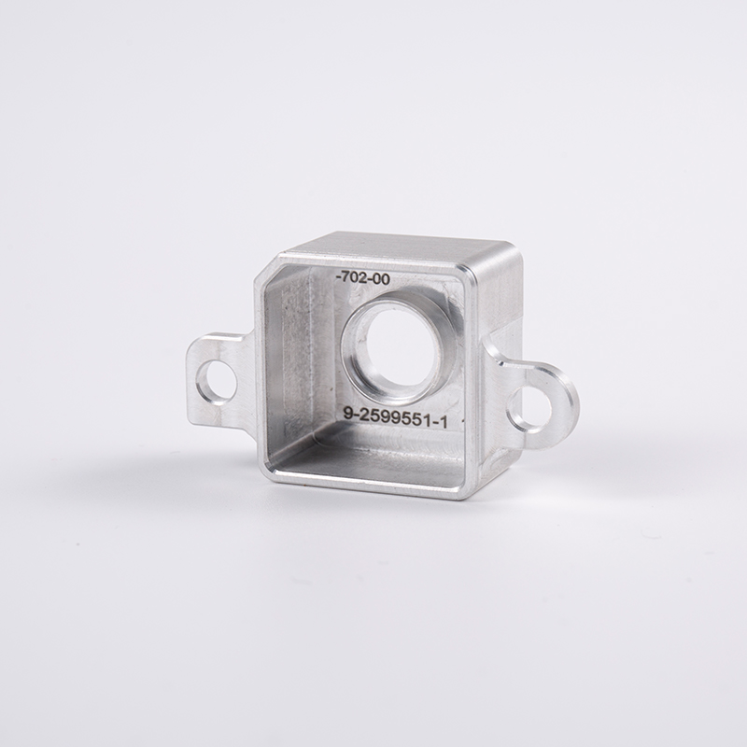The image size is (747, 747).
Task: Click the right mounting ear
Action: [537, 402]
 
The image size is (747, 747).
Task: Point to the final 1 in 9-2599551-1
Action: [444, 423]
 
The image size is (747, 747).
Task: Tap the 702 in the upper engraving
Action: [356, 277]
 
